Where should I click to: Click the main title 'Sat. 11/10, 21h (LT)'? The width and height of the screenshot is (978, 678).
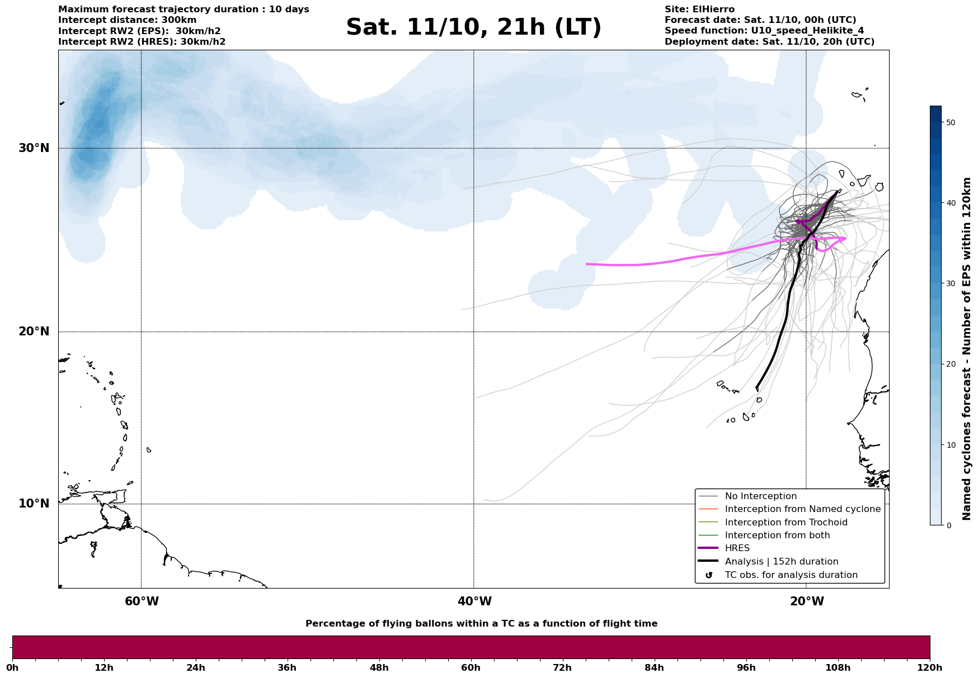(x=473, y=27)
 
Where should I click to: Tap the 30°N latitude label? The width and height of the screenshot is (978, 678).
(x=34, y=148)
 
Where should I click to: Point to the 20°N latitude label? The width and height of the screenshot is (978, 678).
(x=34, y=331)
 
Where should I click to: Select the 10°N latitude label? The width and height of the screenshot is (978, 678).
(x=34, y=504)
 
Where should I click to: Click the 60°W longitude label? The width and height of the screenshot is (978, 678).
(x=142, y=601)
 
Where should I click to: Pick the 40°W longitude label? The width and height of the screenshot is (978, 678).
(x=474, y=601)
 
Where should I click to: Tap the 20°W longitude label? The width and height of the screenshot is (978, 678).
(x=807, y=601)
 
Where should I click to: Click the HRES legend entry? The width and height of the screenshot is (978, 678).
(x=737, y=548)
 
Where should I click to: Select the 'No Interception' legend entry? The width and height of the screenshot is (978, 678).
(x=760, y=496)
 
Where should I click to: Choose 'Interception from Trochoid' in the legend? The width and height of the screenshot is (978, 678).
(x=786, y=523)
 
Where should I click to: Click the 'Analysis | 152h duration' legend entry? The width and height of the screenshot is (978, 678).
(x=781, y=562)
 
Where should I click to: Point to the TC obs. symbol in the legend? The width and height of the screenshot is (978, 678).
(x=709, y=575)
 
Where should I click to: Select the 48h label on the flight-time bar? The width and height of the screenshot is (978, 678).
(x=379, y=668)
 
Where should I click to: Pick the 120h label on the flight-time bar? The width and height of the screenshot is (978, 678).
(x=929, y=668)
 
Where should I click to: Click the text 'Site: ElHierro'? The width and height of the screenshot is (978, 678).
(x=699, y=10)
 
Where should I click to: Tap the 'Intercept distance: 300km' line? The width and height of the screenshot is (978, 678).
(x=127, y=20)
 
